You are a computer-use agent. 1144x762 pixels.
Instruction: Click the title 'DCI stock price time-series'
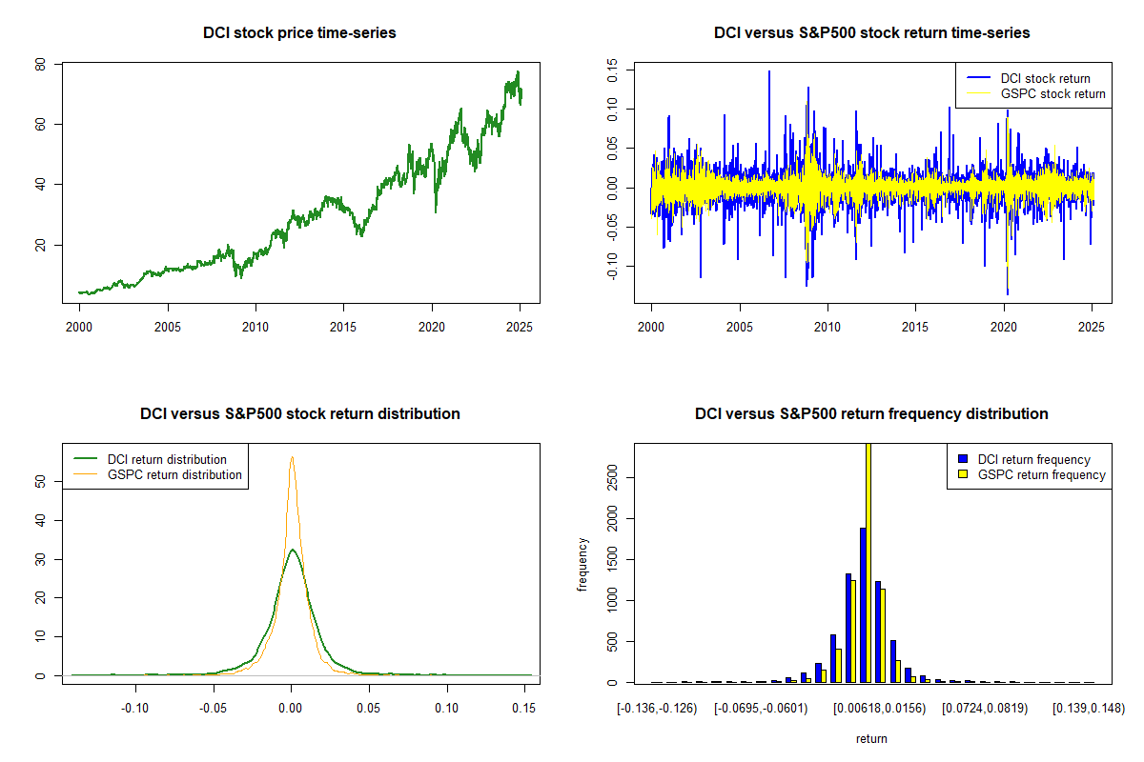[299, 33]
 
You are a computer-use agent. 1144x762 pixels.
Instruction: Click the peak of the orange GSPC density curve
[292, 457]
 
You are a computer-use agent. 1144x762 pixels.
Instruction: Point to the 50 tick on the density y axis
[41, 482]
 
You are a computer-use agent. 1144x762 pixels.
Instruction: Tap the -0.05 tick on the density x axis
[214, 708]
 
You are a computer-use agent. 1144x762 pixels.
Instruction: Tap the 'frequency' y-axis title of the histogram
[583, 565]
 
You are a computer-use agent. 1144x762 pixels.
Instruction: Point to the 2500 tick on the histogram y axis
[613, 479]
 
